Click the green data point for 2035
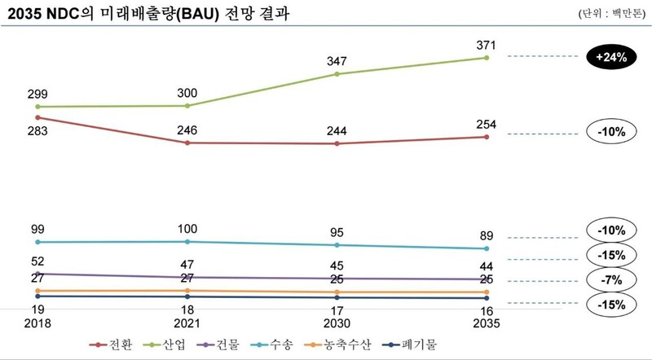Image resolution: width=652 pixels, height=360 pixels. pos(486,58)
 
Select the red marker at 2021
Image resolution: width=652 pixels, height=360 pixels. pos(187,143)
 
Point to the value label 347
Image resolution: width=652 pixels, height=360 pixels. pos(337,61)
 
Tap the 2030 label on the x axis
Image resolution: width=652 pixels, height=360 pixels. pos(337,323)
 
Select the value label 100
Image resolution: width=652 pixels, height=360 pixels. pos(187,229)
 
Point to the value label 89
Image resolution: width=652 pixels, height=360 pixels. pos(487,236)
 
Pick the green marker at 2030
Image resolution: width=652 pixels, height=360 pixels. pos(337,74)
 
